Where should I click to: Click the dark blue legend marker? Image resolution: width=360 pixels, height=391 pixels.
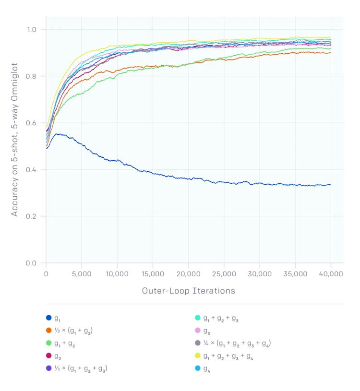(49, 318)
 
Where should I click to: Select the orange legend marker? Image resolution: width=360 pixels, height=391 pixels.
(49, 331)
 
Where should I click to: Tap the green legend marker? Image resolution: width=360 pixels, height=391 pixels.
(49, 343)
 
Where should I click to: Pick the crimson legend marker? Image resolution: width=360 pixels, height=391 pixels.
(49, 356)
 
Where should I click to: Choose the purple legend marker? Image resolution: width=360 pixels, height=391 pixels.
(49, 368)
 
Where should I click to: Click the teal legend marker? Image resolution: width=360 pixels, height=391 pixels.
(197, 318)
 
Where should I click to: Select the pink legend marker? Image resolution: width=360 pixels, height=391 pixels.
(197, 331)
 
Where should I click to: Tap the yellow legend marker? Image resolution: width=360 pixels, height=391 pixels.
(197, 356)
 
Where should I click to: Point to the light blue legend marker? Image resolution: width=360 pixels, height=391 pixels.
(197, 368)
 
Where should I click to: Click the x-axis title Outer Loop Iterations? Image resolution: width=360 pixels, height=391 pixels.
(189, 291)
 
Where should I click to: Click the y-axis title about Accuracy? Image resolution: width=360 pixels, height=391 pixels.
(15, 139)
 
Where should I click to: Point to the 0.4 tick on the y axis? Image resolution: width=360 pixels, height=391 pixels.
(32, 170)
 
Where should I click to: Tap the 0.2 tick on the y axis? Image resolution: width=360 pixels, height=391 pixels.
(32, 216)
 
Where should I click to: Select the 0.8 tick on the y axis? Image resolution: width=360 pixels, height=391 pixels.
(32, 76)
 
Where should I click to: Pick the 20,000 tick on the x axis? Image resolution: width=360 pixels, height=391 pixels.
(189, 273)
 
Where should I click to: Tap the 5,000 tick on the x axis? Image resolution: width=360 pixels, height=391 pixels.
(82, 273)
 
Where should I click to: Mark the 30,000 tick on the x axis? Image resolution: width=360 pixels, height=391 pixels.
(260, 273)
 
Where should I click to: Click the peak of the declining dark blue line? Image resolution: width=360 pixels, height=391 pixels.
(57, 134)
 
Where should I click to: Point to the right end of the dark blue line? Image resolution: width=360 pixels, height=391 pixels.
(331, 185)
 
